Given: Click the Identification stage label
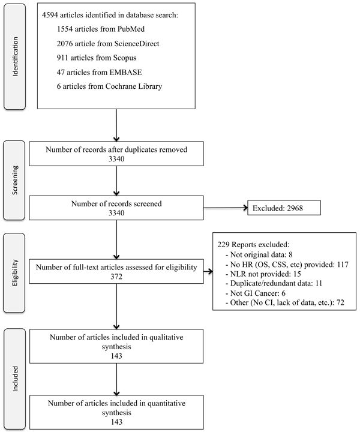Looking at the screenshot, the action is pos(15,56).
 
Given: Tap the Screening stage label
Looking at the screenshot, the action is pos(15,180).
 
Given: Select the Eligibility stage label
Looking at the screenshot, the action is pos(15,273).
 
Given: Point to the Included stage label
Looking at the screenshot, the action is pos(15,379).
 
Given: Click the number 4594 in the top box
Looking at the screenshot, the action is pos(50,15).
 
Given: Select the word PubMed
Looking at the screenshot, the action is pos(131,29).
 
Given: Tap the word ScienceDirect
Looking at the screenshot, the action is pos(137,44).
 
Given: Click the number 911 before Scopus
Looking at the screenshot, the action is pos(62,58).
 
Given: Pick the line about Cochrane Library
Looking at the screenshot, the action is pos(109,86).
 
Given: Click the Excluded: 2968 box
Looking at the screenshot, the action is pos(284,208).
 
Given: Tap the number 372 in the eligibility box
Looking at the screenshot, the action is pos(116,277).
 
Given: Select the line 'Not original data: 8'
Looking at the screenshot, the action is pos(259,254).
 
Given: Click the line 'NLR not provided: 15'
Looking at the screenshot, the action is pos(263,274).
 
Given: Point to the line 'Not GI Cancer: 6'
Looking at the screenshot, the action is pos(256,293).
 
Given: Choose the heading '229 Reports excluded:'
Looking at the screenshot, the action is pos(253,245).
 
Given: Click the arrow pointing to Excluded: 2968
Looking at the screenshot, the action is pos(226,208).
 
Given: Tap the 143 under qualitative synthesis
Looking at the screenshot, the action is pos(116,356).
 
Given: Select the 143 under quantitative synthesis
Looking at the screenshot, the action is pos(116,422).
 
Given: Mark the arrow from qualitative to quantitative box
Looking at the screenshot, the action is pos(116,379).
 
